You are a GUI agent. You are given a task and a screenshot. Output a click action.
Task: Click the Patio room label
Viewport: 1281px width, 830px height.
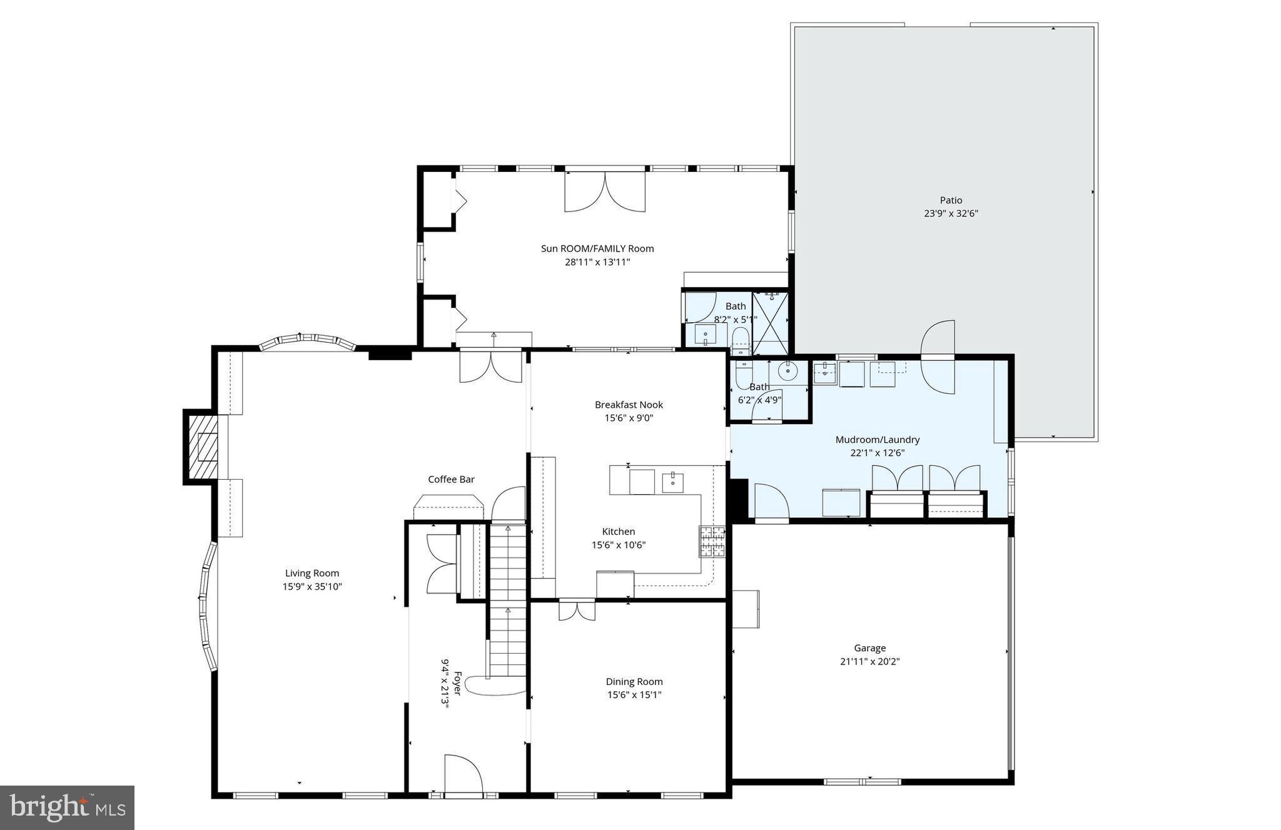950,200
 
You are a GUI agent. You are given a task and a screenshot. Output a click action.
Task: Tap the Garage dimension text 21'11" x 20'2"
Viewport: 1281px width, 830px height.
869,661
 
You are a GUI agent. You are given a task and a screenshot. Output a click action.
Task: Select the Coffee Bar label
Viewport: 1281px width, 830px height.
451,479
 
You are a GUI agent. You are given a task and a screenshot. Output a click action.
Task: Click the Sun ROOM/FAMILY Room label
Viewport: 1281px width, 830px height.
597,248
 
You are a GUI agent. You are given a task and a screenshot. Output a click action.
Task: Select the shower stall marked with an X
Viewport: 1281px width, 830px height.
769,322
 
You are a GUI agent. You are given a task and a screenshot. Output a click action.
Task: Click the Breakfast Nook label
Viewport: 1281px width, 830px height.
628,405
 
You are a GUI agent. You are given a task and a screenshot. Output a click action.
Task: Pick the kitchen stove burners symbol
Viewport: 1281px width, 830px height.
712,542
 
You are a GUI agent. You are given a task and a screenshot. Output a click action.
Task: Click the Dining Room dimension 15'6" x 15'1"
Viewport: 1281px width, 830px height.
634,695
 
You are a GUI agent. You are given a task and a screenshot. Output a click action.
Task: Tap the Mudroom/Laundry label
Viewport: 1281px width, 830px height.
877,440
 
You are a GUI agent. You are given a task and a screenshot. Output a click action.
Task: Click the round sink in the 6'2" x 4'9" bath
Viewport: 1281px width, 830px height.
787,372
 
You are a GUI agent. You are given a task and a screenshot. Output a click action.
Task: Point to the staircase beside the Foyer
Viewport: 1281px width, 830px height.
507,600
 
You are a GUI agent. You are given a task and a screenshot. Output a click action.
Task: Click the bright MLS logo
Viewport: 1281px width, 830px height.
67,807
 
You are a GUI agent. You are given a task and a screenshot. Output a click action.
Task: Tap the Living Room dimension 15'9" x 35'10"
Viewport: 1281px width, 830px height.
311,587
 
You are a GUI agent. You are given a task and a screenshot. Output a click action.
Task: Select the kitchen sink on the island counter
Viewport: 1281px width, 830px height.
672,482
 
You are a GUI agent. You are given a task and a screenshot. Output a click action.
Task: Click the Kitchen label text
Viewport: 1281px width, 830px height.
618,531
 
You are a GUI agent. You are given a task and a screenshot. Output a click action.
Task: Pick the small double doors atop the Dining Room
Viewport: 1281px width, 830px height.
577,610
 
